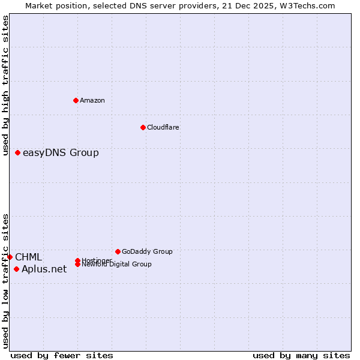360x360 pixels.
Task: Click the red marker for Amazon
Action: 76,100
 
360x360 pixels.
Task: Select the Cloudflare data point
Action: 143,127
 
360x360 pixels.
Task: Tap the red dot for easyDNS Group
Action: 18,153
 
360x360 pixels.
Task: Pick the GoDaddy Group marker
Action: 118,251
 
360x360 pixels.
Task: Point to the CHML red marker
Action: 10,257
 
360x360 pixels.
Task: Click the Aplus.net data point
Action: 16,269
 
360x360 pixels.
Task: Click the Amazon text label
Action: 92,100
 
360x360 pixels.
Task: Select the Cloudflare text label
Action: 163,127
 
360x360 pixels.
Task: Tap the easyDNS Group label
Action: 61,153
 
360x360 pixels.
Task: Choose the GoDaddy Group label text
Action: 147,251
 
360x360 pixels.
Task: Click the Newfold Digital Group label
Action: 116,265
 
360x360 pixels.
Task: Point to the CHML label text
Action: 29,257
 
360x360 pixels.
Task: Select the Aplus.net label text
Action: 44,269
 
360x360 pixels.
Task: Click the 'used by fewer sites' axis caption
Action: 62,355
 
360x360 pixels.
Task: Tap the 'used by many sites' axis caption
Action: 301,355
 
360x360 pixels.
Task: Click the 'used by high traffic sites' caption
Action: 6,85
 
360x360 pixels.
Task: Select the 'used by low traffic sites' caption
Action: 6,281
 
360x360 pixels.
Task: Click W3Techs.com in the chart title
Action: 309,5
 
